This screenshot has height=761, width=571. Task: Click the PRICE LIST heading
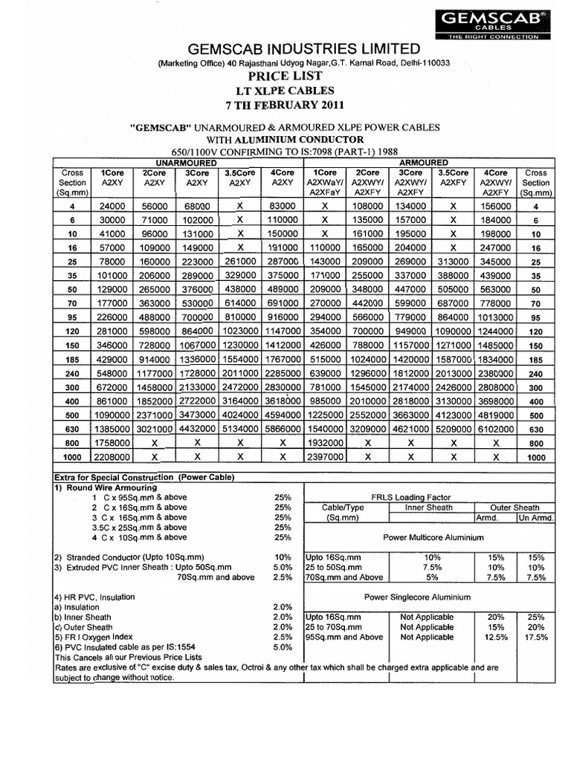point(285,76)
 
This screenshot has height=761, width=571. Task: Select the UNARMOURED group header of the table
point(185,162)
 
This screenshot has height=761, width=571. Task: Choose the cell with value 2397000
point(325,456)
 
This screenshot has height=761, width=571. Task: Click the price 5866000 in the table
point(282,429)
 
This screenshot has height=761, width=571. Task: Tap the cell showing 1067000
point(196,346)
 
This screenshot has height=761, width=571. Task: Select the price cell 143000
point(325,262)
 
